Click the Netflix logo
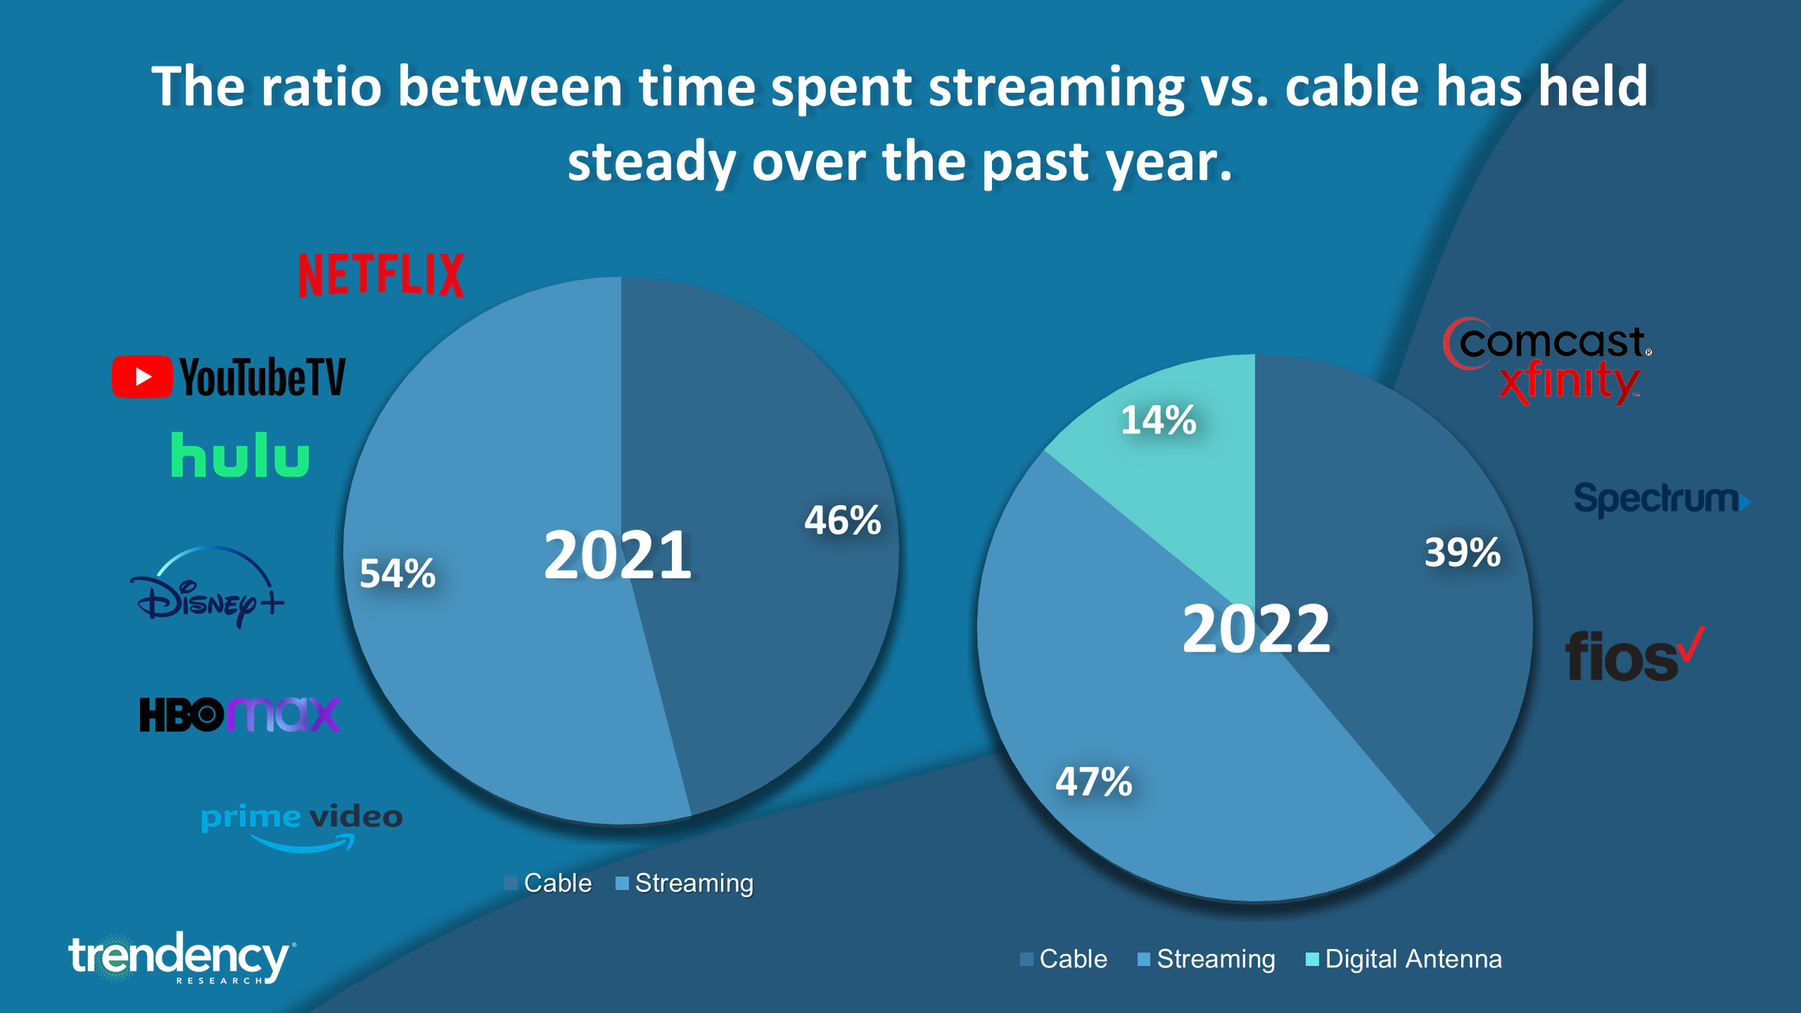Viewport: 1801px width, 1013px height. pos(381,275)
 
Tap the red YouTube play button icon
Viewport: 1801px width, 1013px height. pos(142,376)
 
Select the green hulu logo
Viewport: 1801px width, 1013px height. pos(240,455)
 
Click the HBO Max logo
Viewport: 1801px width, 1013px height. pos(239,714)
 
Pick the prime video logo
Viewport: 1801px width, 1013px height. pos(302,826)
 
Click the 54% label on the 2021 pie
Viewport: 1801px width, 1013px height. pos(397,574)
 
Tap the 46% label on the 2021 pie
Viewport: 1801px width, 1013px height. pos(842,520)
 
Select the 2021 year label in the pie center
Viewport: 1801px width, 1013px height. pos(617,555)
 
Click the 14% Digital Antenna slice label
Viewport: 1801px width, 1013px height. pos(1158,420)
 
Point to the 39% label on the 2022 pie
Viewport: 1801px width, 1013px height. pos(1462,553)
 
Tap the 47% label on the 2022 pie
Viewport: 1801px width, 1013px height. pos(1094,782)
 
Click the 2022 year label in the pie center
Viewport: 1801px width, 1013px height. pos(1256,629)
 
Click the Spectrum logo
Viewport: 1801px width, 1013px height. pos(1661,499)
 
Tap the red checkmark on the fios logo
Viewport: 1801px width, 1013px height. pos(1691,643)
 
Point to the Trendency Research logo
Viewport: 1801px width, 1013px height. pos(180,958)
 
